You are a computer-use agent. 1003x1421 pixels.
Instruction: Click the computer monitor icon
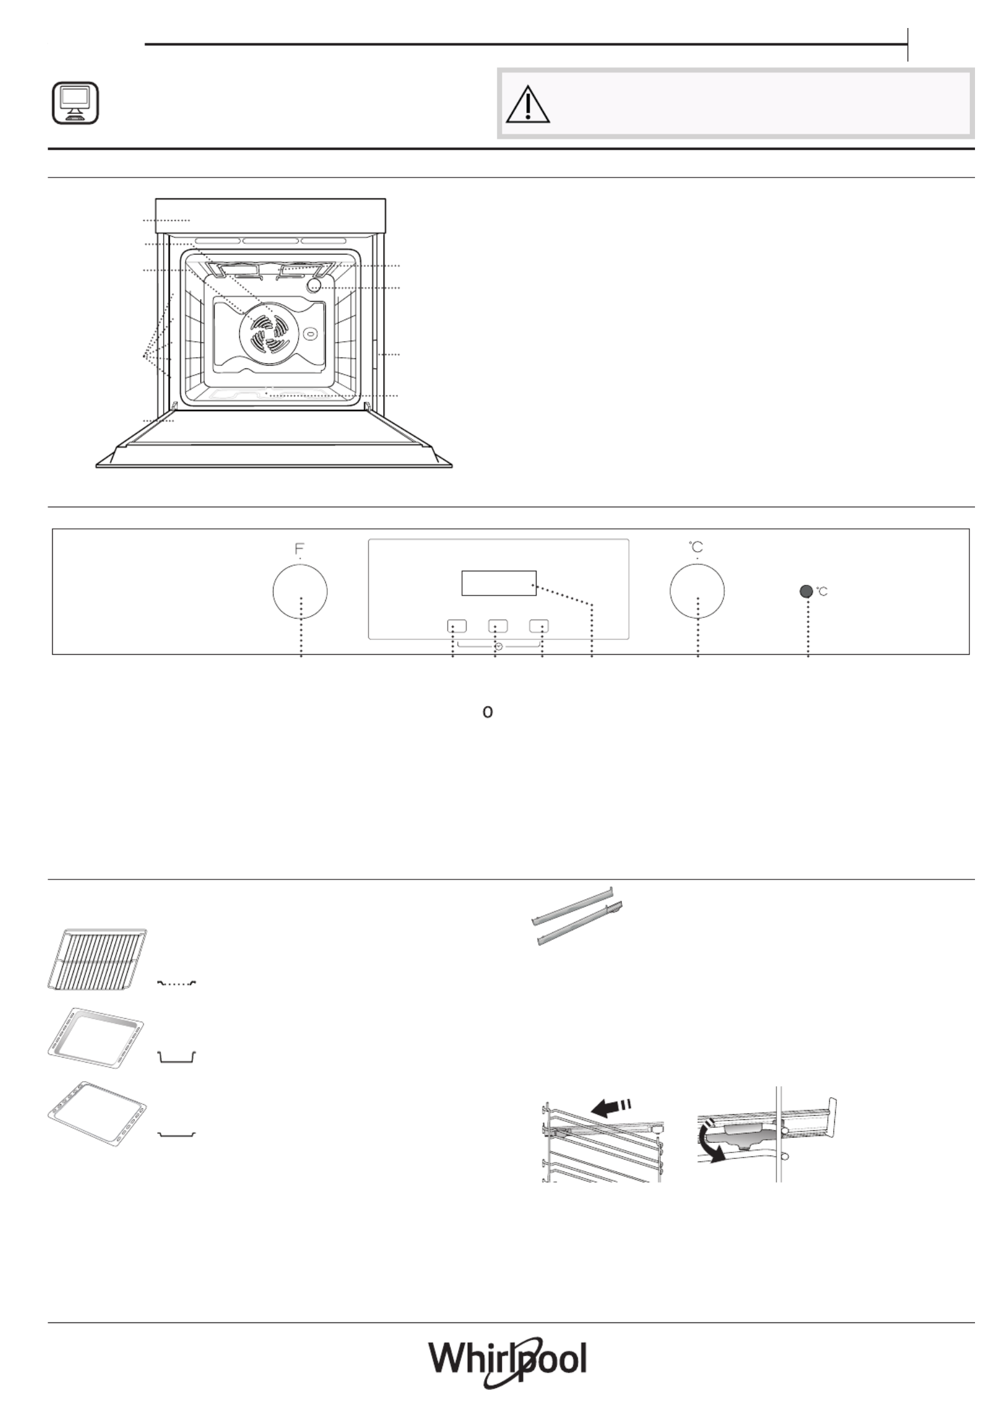pos(75,102)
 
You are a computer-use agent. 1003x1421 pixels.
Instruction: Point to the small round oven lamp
pos(314,285)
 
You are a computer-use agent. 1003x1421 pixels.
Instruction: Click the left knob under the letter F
pos(300,591)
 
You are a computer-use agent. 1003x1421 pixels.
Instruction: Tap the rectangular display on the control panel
pos(499,583)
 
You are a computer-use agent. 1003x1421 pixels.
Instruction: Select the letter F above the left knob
pos(299,547)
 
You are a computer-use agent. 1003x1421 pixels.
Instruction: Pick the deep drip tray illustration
pos(96,1039)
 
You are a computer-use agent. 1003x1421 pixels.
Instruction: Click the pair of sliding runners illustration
pos(577,917)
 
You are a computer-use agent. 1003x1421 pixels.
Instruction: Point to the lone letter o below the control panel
pos(487,712)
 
